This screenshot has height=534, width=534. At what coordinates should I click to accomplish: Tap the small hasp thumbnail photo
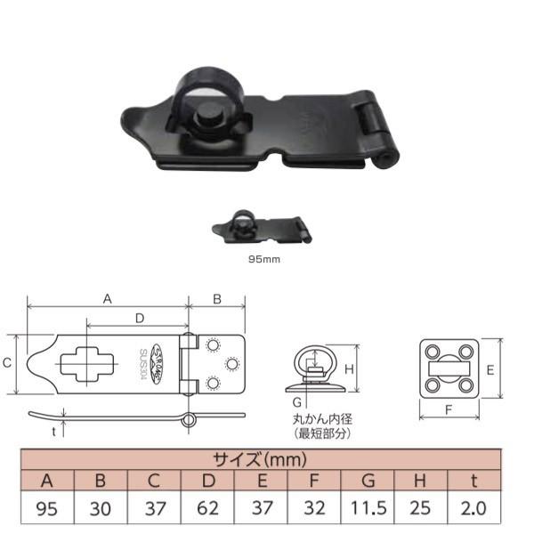[x=262, y=230]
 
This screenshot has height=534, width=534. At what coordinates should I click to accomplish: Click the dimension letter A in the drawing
[x=108, y=299]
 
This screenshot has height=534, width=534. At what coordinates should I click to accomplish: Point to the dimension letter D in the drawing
[x=139, y=317]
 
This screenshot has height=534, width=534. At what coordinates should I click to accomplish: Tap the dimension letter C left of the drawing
[x=7, y=363]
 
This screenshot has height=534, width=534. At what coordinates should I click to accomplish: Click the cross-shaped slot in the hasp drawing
[x=86, y=363]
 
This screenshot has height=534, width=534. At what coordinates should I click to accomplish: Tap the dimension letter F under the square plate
[x=447, y=411]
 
